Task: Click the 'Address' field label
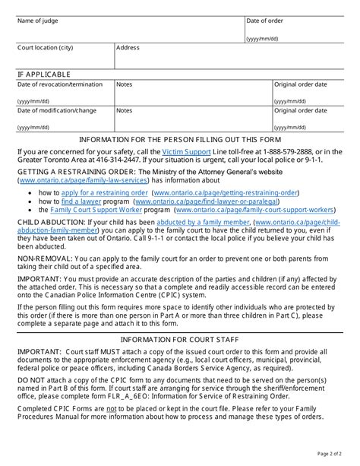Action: coord(128,48)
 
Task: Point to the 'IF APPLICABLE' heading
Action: coord(44,74)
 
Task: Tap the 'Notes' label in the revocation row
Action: coord(125,84)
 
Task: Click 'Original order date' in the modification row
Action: coord(301,110)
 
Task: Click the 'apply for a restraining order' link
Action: coord(94,193)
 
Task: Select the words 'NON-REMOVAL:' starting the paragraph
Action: coord(43,260)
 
